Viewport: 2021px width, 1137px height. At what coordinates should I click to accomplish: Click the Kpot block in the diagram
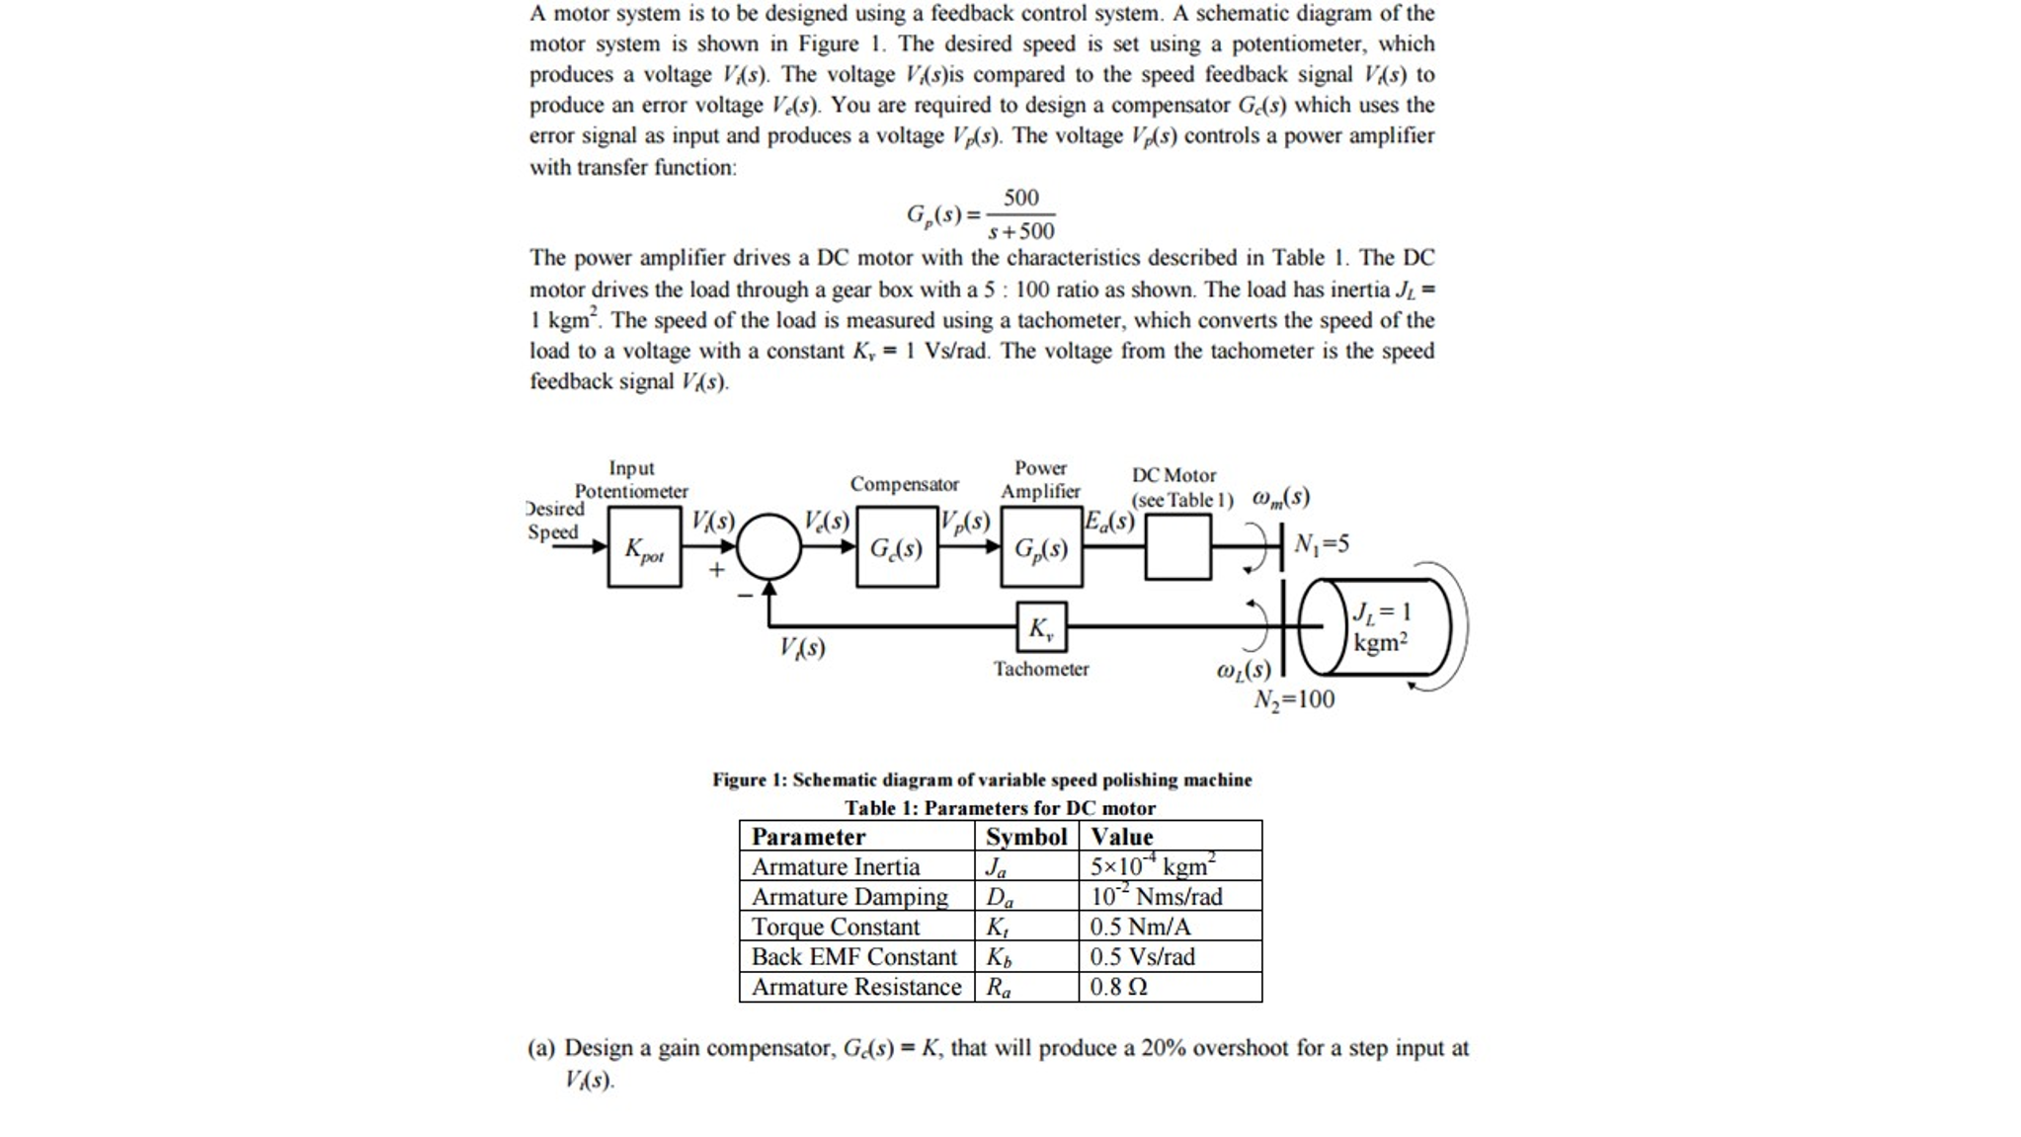(644, 547)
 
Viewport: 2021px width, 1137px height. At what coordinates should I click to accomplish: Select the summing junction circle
(768, 546)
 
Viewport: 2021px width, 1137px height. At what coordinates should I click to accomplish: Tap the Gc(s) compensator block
(897, 547)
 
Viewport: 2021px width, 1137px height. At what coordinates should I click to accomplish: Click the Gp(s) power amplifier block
(1041, 547)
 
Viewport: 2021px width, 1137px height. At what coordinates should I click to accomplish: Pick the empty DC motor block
(1177, 546)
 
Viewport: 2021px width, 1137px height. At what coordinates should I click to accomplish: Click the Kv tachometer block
(1041, 627)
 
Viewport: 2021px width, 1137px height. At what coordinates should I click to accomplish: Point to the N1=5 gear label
(1322, 544)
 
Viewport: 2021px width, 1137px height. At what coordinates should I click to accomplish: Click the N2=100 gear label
(1294, 699)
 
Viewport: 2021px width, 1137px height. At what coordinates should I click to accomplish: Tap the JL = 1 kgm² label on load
(1381, 627)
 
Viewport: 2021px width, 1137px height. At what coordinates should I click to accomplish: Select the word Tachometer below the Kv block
(1041, 669)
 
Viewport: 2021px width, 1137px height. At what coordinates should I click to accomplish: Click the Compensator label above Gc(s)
(904, 484)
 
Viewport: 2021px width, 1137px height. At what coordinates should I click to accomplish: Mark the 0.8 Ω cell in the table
(1118, 987)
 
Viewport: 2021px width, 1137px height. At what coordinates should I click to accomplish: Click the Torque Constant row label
(835, 927)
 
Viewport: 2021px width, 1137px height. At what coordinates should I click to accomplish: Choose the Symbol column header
(1025, 837)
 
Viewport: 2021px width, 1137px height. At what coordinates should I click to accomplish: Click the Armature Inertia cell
(835, 866)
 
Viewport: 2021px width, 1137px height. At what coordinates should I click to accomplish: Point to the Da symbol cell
(999, 897)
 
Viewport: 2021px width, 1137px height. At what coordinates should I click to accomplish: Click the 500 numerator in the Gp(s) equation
(1020, 198)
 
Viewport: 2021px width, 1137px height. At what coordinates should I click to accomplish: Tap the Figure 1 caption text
(982, 779)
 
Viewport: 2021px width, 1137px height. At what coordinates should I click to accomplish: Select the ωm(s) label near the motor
(1280, 497)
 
